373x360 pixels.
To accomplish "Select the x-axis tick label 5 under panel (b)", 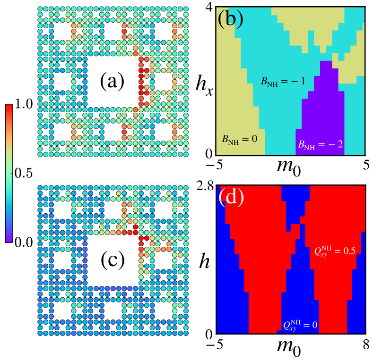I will point(364,164).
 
